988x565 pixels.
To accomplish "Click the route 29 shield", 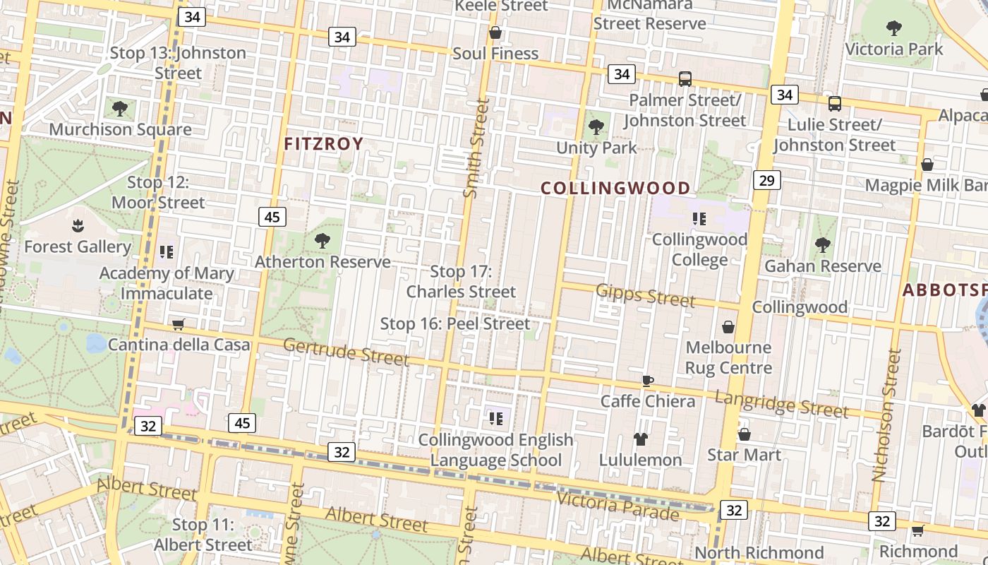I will [x=766, y=180].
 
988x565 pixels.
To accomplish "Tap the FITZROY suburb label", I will [x=323, y=144].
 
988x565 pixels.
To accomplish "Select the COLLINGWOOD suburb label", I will [x=615, y=188].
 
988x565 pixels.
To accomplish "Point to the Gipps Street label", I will [x=646, y=295].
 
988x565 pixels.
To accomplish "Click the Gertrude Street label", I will [x=346, y=352].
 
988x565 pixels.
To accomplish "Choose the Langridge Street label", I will [x=781, y=403].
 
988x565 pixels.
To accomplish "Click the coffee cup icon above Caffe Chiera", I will [x=647, y=381].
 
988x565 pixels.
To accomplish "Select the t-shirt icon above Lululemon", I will [x=640, y=439].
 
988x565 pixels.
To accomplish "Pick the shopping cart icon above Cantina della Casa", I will [x=179, y=324].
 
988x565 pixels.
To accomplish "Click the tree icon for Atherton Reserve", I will [x=323, y=241].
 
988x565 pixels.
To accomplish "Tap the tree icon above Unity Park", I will [x=596, y=127].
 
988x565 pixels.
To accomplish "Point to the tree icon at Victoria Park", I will [x=894, y=28].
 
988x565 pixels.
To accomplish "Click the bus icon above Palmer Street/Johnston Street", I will [x=685, y=79].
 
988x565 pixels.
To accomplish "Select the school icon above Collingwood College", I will [x=699, y=218].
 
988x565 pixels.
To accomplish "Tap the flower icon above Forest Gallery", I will [x=77, y=226].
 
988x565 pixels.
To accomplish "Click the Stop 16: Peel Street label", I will [x=454, y=324].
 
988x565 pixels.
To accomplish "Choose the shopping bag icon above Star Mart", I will [x=744, y=434].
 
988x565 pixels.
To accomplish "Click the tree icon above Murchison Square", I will [x=120, y=109].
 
